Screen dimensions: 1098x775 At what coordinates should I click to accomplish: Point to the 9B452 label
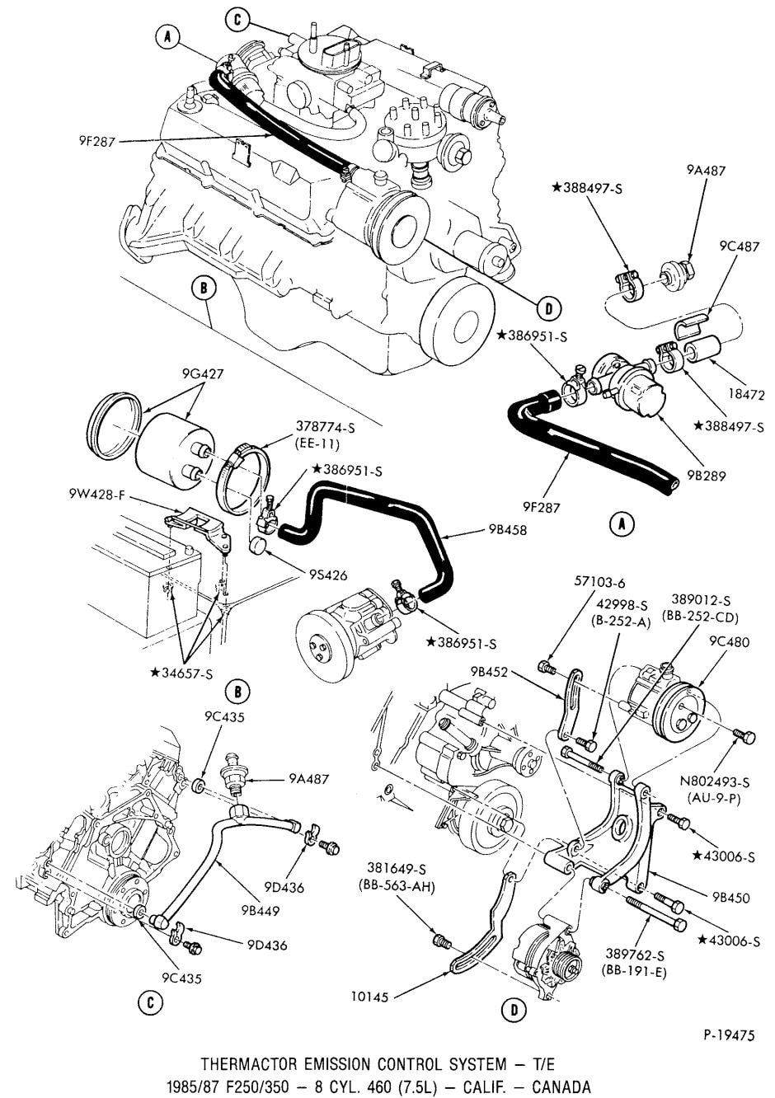(x=484, y=672)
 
